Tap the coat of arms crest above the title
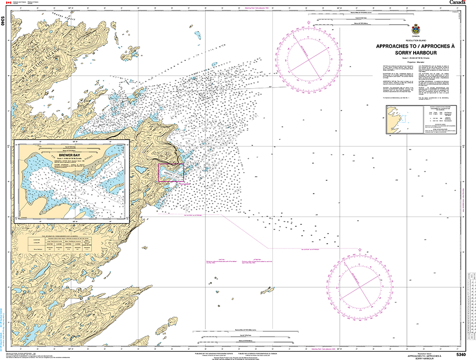click(416, 29)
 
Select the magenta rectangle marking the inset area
click(171, 173)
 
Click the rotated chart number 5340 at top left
click(4, 21)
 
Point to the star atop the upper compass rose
click(309, 22)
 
